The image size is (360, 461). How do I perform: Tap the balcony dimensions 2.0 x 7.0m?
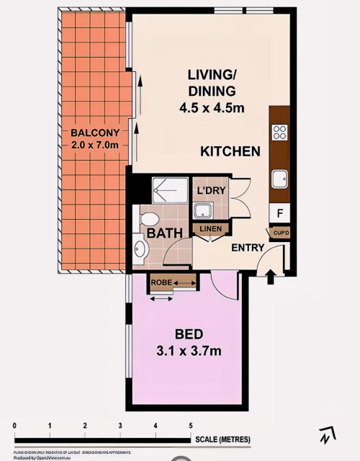(94, 145)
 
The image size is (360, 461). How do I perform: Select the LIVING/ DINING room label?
(212, 83)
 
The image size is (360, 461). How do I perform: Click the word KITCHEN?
(230, 152)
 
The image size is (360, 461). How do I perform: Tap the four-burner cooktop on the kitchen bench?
(279, 133)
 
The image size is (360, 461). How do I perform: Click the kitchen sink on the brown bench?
(279, 179)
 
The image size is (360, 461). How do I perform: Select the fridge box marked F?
(279, 212)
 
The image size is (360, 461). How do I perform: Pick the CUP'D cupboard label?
(279, 233)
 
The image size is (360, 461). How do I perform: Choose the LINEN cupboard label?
(211, 229)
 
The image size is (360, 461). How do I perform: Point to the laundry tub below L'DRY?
(202, 210)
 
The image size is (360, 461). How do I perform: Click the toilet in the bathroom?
(149, 218)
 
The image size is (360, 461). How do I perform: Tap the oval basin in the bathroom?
(140, 249)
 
